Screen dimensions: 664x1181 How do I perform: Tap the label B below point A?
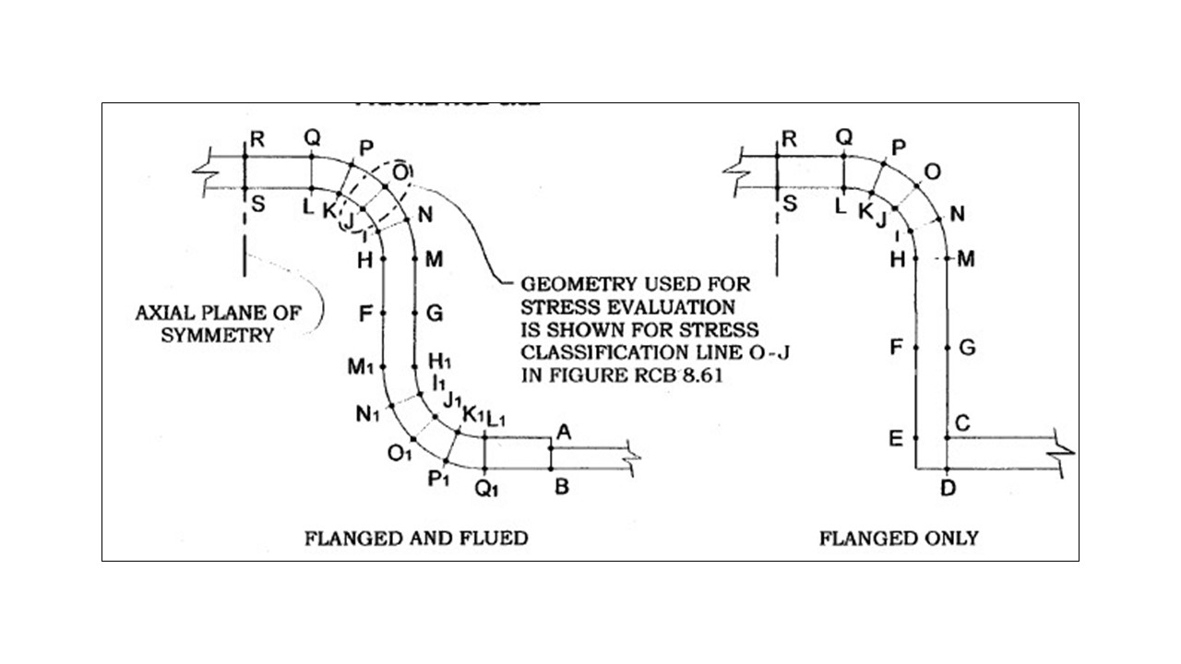click(561, 487)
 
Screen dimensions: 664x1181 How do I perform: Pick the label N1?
click(367, 414)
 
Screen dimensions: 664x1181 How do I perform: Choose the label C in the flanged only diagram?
click(962, 423)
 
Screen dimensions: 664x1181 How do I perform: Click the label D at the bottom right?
click(948, 488)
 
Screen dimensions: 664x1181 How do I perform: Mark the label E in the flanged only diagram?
click(896, 439)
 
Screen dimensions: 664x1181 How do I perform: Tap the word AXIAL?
click(167, 313)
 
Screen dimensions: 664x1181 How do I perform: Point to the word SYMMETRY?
click(218, 335)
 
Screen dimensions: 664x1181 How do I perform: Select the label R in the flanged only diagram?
click(789, 139)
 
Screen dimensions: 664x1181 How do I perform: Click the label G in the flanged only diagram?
click(967, 348)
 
